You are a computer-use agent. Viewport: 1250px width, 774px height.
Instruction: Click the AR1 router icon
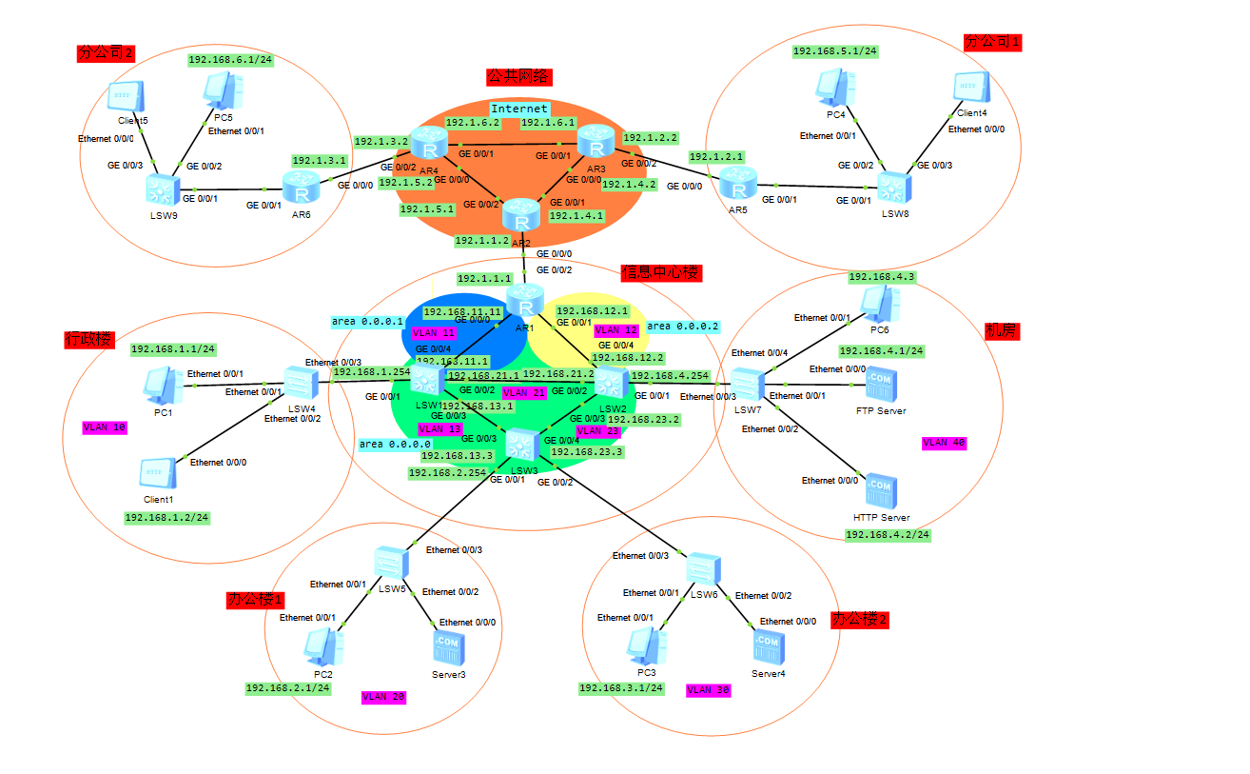(523, 301)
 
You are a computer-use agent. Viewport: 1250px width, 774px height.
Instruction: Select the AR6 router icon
(302, 189)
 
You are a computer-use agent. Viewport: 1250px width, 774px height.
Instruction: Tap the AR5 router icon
(734, 182)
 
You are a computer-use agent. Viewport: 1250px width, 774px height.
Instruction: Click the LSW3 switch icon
(521, 444)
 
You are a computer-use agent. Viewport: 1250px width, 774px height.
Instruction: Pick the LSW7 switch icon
(749, 385)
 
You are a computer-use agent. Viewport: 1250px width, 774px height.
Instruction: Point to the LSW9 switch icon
(162, 190)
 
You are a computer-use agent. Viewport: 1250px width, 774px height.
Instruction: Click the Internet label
(519, 109)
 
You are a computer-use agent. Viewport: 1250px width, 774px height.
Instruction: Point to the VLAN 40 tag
(944, 443)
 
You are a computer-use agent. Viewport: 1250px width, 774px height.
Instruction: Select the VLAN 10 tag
(105, 427)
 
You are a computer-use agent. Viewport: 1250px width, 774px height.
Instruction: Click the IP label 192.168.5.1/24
(835, 51)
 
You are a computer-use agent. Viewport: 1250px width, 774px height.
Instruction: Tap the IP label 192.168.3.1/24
(621, 688)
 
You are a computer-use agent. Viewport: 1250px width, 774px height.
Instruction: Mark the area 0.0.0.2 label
(683, 327)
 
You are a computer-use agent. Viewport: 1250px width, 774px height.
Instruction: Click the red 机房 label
(1002, 330)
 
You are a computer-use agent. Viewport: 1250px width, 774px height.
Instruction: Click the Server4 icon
(767, 646)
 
